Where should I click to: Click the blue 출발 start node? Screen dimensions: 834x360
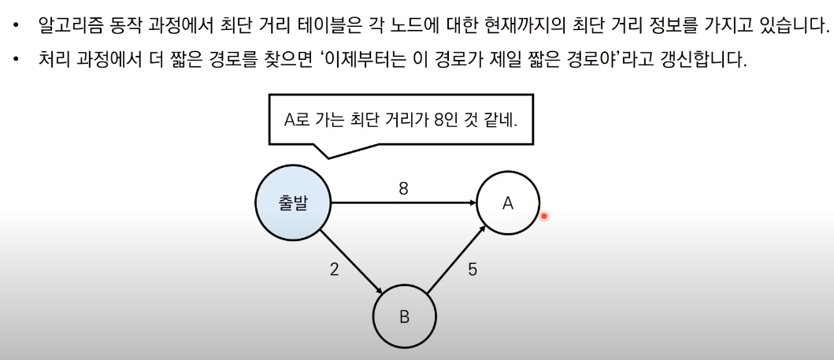(293, 202)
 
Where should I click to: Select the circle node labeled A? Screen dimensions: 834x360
(508, 203)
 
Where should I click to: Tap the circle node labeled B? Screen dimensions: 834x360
(404, 317)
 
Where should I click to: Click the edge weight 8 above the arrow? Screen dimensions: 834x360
(403, 189)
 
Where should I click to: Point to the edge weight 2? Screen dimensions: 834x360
(334, 269)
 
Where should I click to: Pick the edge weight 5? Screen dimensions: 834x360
(472, 269)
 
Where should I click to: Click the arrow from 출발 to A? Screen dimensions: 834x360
(403, 203)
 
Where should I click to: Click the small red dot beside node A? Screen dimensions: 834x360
(543, 215)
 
